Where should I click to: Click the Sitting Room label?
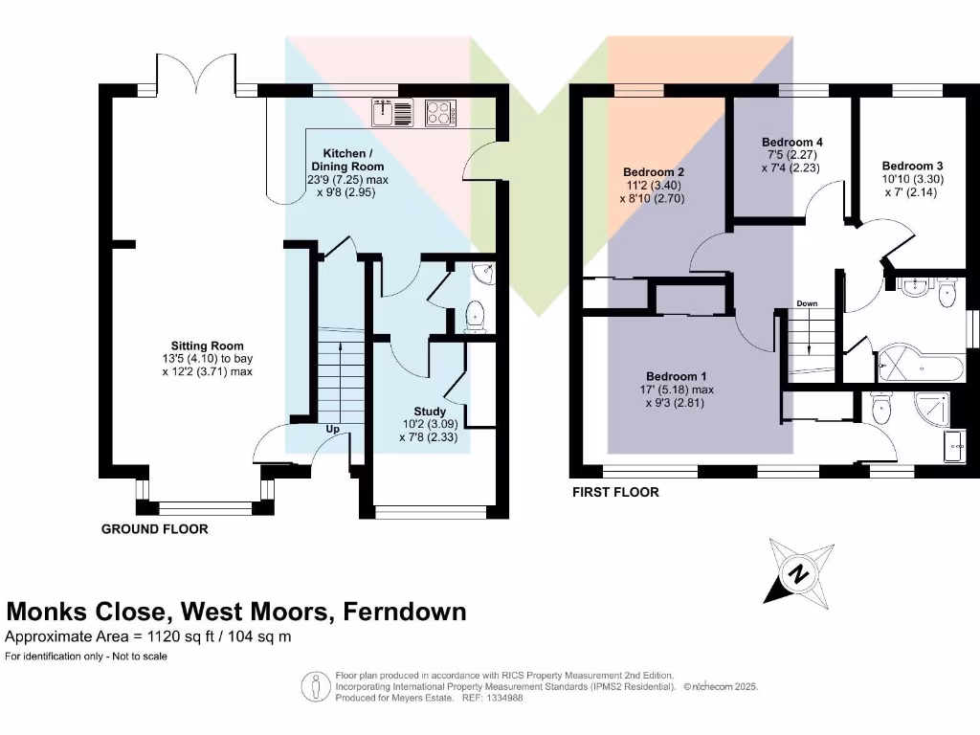pos(207,345)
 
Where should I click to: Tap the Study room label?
pos(430,412)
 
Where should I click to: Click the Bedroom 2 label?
pos(653,172)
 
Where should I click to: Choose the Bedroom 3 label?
pos(912,165)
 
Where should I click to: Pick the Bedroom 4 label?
pos(792,142)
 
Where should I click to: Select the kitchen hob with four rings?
pos(441,113)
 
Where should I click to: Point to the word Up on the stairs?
pos(334,430)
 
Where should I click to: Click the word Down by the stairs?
pos(807,304)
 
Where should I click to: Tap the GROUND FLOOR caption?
pos(154,528)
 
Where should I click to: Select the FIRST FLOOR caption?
pos(615,493)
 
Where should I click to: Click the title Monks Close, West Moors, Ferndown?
pos(236,612)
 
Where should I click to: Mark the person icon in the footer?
pos(316,686)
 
